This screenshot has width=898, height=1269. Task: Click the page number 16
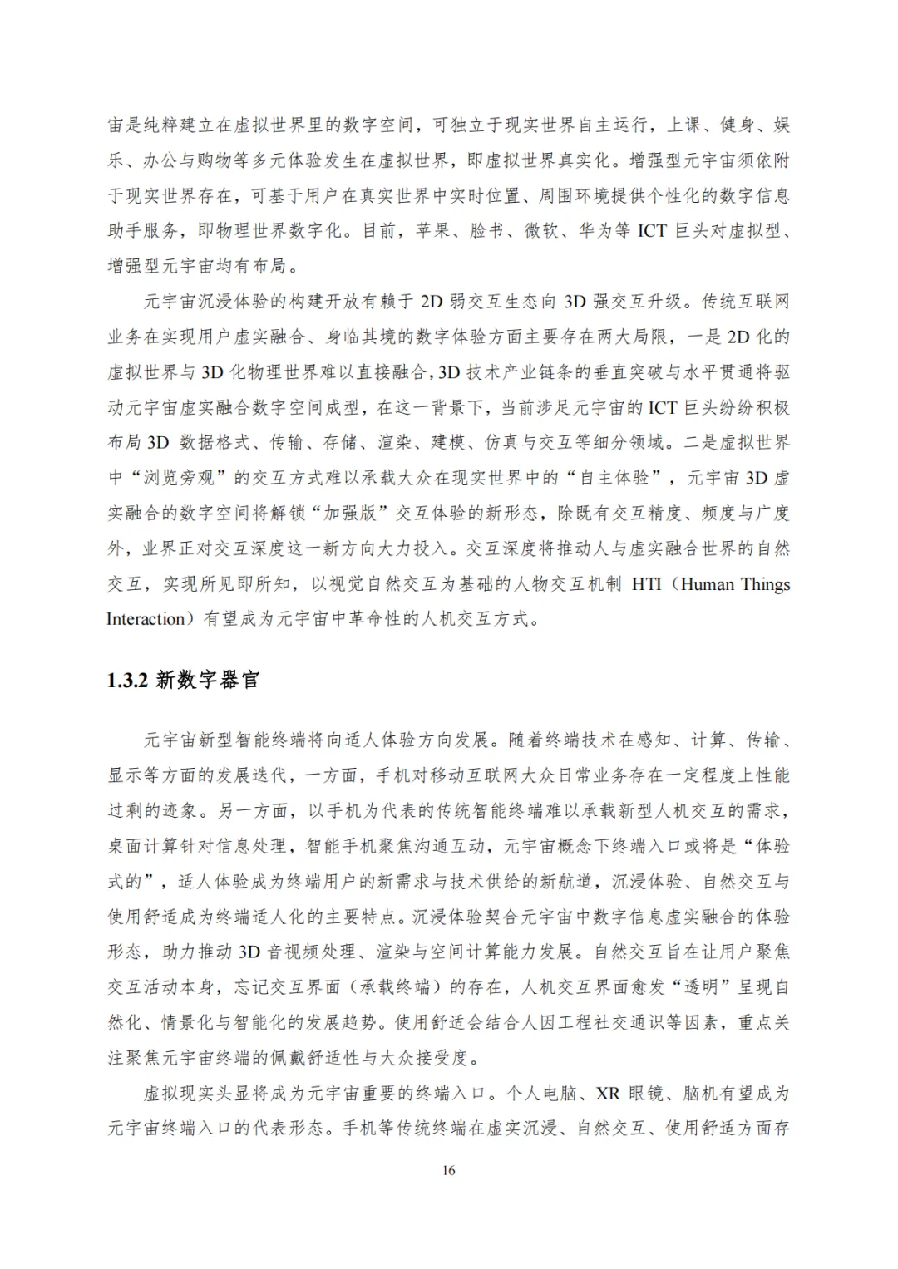449,1170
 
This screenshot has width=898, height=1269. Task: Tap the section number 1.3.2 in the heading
127,680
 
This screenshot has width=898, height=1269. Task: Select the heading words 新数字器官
208,680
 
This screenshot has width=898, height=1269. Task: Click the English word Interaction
146,619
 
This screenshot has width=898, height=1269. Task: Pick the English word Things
766,583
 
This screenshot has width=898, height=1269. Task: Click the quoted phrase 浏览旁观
181,478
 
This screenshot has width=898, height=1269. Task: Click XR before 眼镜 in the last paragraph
609,1093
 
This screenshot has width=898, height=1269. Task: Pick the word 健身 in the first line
738,125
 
